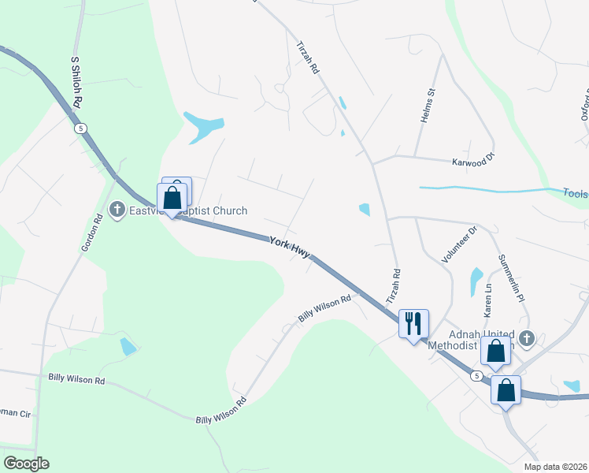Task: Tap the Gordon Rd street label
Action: click(x=92, y=233)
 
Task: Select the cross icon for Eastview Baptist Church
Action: click(x=117, y=210)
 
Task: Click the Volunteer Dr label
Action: click(x=459, y=244)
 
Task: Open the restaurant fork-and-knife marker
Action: click(x=413, y=322)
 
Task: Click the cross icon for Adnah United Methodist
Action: click(x=527, y=339)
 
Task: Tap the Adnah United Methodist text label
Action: click(x=472, y=339)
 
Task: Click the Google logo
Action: click(x=26, y=464)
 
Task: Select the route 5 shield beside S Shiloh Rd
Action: click(x=80, y=128)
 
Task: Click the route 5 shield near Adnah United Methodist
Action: click(x=476, y=376)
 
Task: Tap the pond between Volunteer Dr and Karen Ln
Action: click(x=476, y=280)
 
